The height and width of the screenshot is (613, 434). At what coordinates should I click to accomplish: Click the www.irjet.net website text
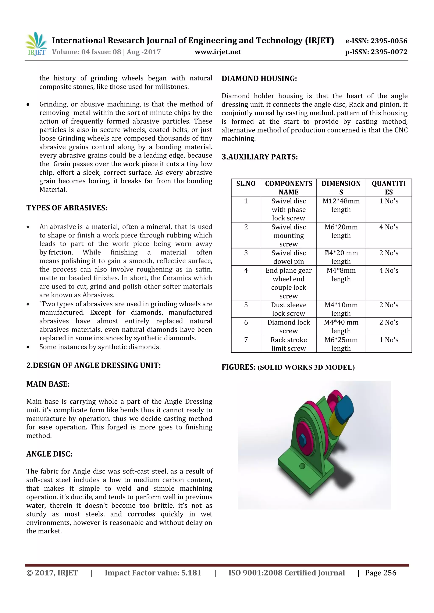point(218,52)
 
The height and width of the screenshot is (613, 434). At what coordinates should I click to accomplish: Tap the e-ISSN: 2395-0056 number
point(376,41)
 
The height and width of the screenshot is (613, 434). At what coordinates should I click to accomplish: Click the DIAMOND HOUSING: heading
point(259,79)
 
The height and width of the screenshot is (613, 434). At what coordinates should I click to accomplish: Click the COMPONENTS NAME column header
point(288,188)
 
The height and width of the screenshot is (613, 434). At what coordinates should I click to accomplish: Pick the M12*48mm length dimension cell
point(341,205)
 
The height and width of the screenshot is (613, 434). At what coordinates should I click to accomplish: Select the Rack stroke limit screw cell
point(288,344)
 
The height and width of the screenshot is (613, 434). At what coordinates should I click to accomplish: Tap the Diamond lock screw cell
point(288,327)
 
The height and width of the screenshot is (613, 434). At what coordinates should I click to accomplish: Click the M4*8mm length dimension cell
point(341,275)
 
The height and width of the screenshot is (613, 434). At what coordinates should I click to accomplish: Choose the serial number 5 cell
point(246,305)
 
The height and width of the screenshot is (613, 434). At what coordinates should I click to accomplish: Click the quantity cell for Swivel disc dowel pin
point(389,253)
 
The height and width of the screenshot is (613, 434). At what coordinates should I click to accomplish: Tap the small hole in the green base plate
point(302,466)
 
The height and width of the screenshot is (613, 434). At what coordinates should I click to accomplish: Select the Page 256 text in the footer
point(381,573)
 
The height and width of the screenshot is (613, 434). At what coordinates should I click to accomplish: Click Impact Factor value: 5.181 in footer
point(153,573)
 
